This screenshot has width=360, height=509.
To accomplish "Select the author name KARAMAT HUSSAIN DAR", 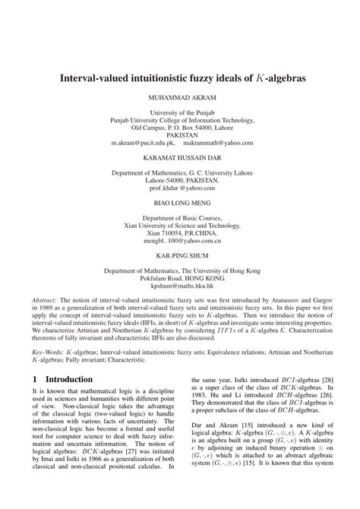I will pos(179,157).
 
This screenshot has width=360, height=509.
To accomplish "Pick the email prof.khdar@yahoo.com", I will pos(179,187).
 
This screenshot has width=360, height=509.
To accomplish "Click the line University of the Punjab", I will pos(179,112).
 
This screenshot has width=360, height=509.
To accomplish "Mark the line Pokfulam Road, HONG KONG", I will pos(179,278).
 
